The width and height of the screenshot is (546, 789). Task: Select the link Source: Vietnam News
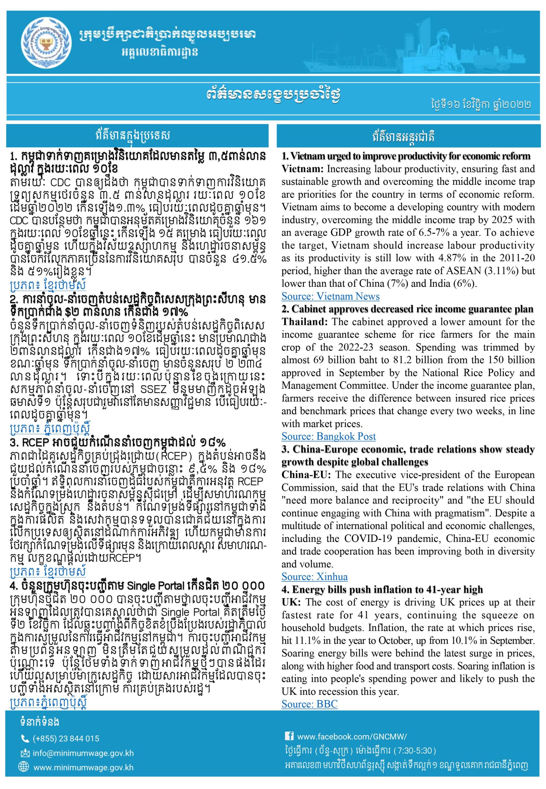click(x=331, y=296)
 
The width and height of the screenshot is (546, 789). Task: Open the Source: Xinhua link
click(x=314, y=577)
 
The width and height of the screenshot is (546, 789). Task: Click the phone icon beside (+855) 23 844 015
click(x=25, y=738)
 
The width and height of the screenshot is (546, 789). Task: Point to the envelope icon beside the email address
click(x=25, y=753)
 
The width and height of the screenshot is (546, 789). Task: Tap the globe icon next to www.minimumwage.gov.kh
click(x=25, y=767)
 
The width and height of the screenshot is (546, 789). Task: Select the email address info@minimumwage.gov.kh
click(x=83, y=753)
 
